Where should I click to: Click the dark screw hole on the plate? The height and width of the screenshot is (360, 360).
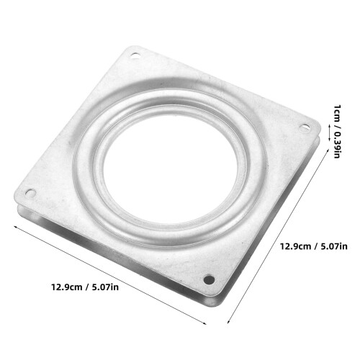(209, 279)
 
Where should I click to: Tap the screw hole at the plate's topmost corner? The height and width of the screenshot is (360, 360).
(135, 56)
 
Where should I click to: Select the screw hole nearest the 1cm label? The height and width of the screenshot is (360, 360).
(305, 127)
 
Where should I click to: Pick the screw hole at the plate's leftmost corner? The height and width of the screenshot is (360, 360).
(31, 193)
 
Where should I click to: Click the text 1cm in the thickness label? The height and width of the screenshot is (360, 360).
(337, 112)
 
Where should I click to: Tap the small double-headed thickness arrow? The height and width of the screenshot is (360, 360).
(329, 132)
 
